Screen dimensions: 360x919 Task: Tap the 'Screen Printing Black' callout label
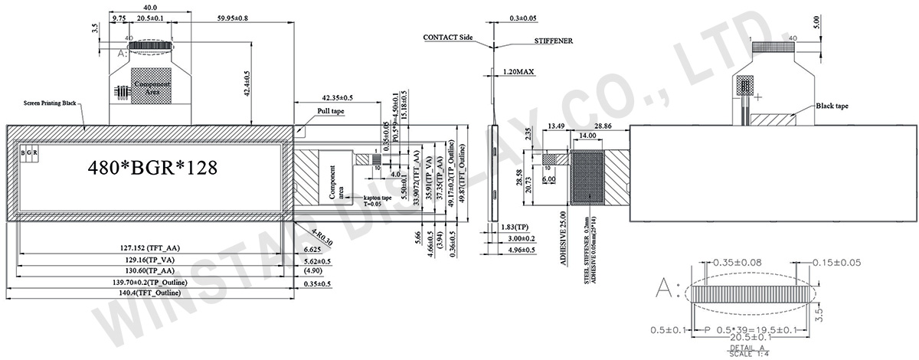coord(50,102)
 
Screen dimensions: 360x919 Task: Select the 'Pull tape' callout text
coord(332,111)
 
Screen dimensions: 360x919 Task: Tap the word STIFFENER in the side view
coord(548,41)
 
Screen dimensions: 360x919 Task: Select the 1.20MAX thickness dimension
coord(518,71)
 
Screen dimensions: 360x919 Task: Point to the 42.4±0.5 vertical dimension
coord(247,83)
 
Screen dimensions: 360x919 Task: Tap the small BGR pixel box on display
coord(29,153)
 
